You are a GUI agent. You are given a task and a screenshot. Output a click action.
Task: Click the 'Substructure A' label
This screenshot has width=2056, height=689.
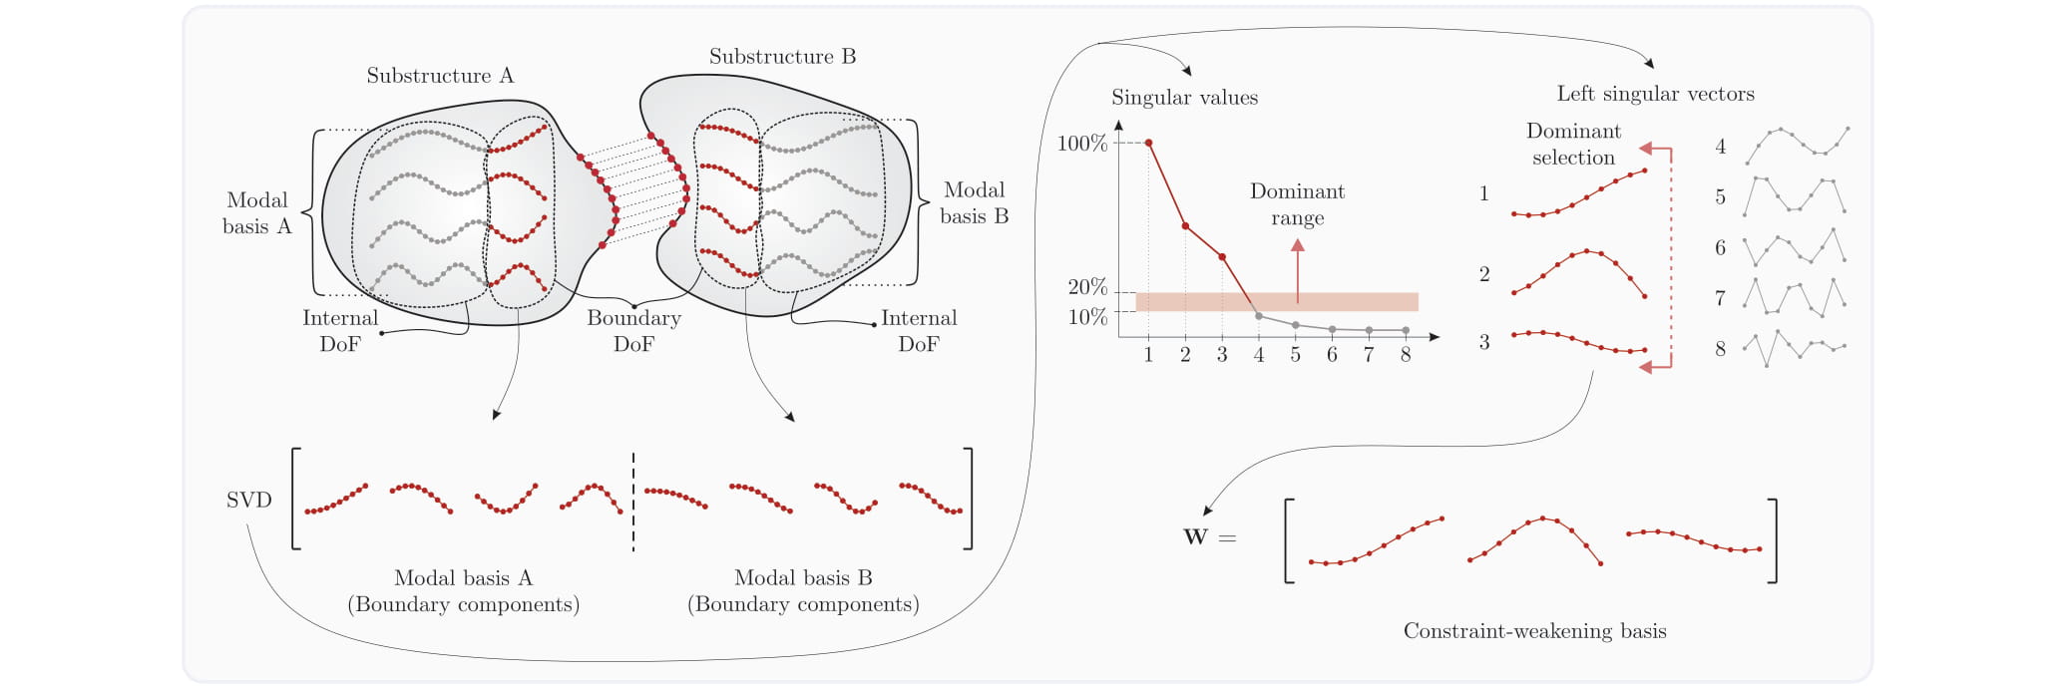(440, 76)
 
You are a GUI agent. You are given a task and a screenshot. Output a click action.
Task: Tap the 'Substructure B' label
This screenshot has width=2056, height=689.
(783, 57)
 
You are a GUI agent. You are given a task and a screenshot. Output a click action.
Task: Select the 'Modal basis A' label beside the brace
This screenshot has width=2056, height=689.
(257, 213)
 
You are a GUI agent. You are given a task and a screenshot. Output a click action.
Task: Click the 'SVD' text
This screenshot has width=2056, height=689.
(249, 500)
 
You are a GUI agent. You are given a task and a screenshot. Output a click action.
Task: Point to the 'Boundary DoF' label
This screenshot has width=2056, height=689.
(633, 331)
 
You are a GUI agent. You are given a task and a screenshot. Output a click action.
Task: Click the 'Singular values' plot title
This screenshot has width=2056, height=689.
(1185, 98)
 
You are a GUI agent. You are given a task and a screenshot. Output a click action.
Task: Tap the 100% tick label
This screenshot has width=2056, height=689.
(1082, 144)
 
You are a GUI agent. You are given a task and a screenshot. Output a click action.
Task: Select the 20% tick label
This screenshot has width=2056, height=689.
(1087, 287)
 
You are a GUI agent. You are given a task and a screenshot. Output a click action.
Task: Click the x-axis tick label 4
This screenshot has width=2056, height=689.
(1259, 355)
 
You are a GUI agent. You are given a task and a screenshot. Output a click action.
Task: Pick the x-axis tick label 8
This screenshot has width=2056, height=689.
(1406, 355)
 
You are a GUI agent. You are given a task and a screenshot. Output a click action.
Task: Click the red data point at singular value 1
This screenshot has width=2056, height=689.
(1149, 144)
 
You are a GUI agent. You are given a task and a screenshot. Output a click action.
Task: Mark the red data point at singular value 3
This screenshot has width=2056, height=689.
(1222, 257)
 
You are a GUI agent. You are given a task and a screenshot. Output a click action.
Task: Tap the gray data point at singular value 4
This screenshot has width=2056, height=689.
(1259, 316)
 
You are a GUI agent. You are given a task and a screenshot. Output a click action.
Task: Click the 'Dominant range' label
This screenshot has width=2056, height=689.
(1298, 204)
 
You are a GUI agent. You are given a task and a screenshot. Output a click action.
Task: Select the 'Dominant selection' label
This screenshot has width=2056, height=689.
(1573, 145)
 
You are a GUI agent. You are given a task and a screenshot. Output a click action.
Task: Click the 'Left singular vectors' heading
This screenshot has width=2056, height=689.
(1656, 94)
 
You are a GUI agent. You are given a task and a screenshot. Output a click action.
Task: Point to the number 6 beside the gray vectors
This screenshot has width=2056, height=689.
(1720, 247)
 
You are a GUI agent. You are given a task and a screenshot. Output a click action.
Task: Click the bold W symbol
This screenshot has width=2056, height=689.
(1195, 536)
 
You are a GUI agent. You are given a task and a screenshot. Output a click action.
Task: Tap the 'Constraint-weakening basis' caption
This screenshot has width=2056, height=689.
(1535, 631)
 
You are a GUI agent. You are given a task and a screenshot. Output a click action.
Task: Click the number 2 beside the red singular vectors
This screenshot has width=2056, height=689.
(1484, 273)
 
